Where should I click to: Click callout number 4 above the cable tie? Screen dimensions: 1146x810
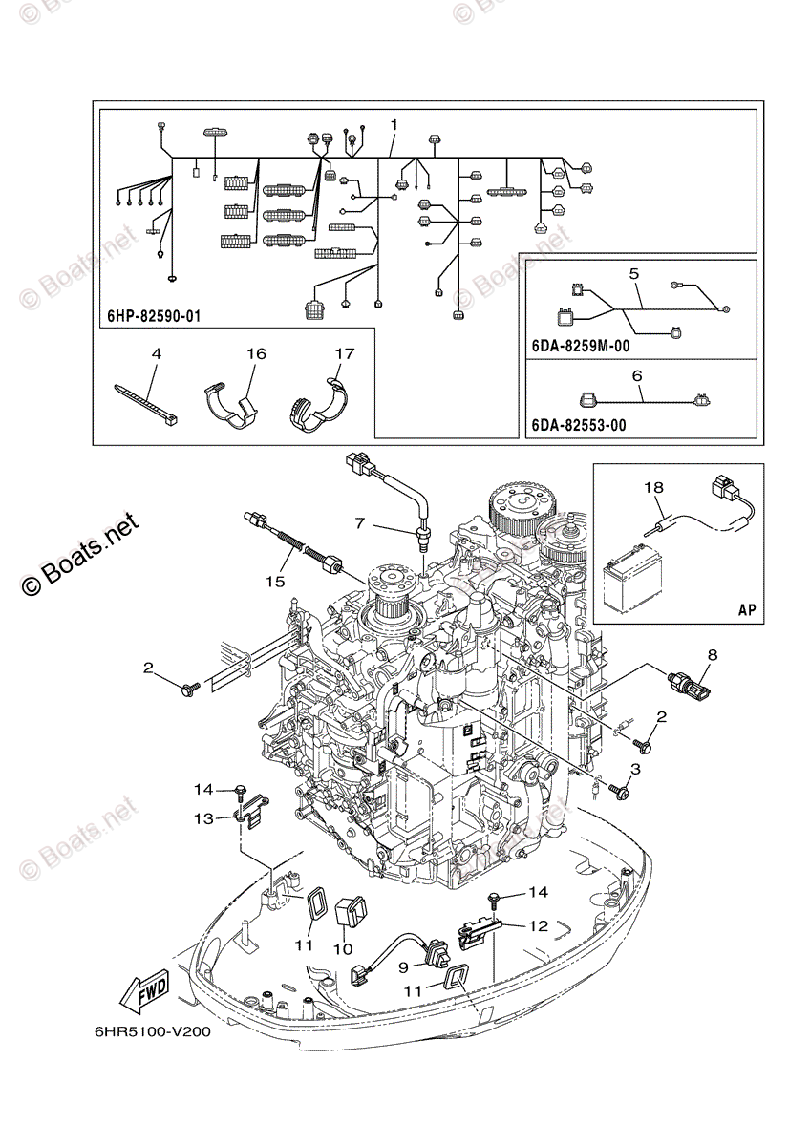156,354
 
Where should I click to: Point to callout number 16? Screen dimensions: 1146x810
255,354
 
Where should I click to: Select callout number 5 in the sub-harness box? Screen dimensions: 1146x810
633,274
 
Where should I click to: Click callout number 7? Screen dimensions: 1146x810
359,523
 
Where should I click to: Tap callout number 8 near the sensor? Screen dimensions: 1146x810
712,655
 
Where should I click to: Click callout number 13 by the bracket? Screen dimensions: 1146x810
203,817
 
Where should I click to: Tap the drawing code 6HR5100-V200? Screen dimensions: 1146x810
153,1032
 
